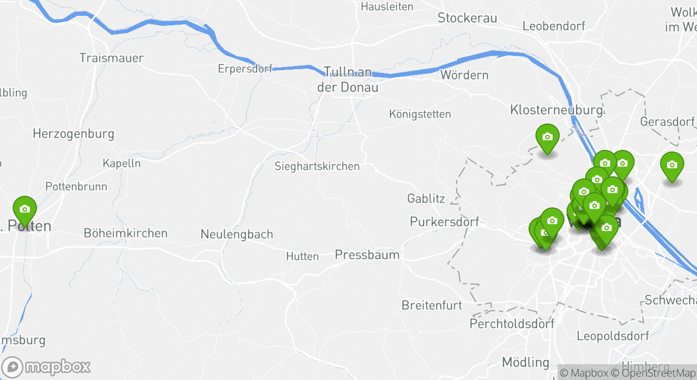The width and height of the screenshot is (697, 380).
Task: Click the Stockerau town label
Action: coord(467,18)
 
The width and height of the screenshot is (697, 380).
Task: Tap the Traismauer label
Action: coord(111,58)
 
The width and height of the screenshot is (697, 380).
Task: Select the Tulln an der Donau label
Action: coord(347,79)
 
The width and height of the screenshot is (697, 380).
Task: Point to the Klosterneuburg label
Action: coord(556,110)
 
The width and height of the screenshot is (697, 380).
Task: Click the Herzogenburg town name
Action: coord(73,134)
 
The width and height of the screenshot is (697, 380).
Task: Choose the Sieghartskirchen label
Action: coord(317,166)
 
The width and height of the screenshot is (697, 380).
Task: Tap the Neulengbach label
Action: coord(237,234)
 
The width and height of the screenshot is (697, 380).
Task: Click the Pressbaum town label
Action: coord(367,255)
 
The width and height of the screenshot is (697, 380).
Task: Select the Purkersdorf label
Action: coord(445,222)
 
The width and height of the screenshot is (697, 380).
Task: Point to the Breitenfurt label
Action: coord(432,305)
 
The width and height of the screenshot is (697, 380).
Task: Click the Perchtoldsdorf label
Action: coord(512,323)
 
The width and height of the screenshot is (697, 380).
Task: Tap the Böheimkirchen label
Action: coord(126,233)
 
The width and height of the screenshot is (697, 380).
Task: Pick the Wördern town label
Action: coord(464,75)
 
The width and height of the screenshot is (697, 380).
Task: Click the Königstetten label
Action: coord(420,114)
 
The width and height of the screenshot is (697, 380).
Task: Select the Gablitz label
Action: coord(426,199)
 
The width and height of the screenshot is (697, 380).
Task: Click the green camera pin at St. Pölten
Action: coord(24,210)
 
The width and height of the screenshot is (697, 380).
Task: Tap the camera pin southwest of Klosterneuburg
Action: coord(548,138)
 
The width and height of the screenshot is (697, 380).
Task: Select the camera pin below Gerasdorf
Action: coord(672,166)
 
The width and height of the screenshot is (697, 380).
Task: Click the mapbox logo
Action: coord(46,367)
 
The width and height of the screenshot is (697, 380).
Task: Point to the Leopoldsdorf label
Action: coord(613,336)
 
